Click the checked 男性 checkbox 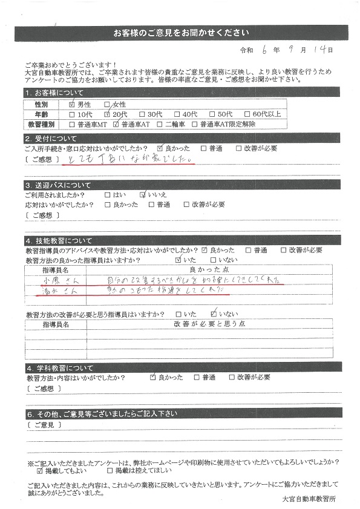(73, 104)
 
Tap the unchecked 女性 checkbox (107, 104)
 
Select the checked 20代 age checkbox (107, 114)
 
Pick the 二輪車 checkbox (160, 124)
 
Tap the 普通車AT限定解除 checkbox (195, 124)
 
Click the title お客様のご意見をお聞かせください (181, 32)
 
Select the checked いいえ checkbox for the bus (143, 195)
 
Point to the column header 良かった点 (207, 269)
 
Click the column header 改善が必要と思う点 (207, 324)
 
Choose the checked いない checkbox (213, 314)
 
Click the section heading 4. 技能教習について (61, 240)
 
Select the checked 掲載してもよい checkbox (40, 470)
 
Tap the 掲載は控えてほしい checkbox (110, 470)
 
